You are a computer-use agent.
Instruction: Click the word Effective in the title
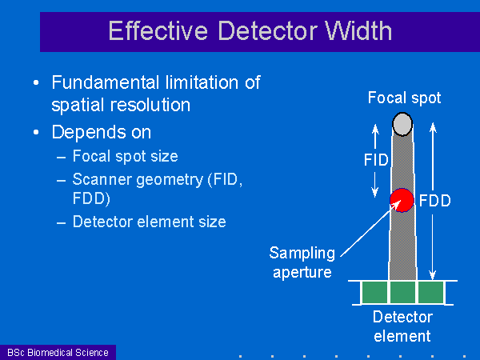[x=158, y=30]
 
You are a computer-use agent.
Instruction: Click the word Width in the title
[x=358, y=30]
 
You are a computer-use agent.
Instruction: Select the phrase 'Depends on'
[x=102, y=132]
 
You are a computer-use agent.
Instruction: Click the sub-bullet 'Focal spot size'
[x=126, y=156]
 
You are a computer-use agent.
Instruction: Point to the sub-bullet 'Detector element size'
[x=150, y=222]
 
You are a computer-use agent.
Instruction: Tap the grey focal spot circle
[x=402, y=124]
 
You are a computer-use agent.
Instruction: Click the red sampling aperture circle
[x=402, y=200]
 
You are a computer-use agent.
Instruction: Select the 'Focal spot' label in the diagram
[x=404, y=98]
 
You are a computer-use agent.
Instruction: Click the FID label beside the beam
[x=376, y=160]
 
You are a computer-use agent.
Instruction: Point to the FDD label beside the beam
[x=434, y=201]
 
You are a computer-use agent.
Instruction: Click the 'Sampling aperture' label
[x=302, y=262]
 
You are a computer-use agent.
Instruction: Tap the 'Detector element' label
[x=402, y=326]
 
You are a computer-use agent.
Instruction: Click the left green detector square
[x=374, y=292]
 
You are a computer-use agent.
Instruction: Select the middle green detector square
[x=402, y=292]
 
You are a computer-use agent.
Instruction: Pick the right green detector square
[x=430, y=292]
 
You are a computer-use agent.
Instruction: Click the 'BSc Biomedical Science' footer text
[x=58, y=353]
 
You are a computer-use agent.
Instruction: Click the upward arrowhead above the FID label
[x=375, y=129]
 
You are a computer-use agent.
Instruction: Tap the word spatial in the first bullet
[x=78, y=106]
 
